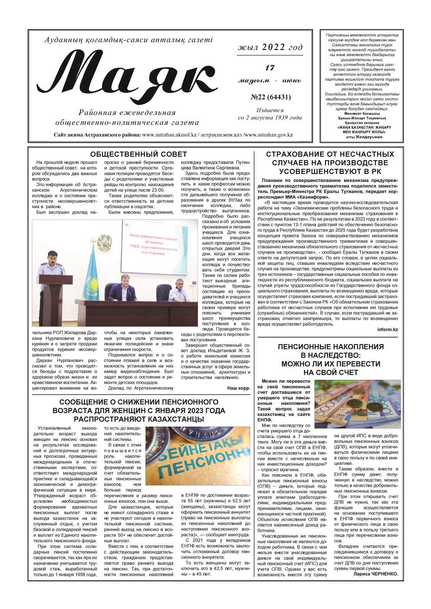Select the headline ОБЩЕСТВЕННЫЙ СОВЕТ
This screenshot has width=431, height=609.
138,154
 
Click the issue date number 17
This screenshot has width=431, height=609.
270,68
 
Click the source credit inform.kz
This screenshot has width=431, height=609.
387,329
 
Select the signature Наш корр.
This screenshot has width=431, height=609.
239,388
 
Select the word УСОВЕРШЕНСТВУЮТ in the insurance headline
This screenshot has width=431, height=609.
330,171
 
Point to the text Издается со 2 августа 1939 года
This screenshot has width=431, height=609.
270,114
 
